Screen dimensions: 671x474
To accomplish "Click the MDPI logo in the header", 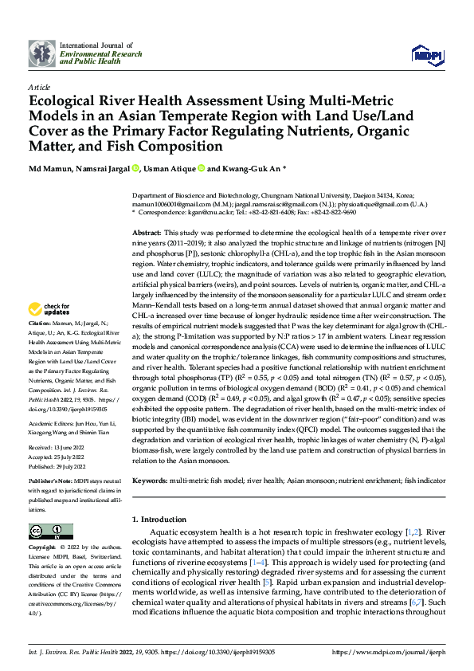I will coord(426,54).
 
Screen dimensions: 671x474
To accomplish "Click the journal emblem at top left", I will coord(41,53).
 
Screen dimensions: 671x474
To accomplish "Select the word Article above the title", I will coord(39,87).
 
